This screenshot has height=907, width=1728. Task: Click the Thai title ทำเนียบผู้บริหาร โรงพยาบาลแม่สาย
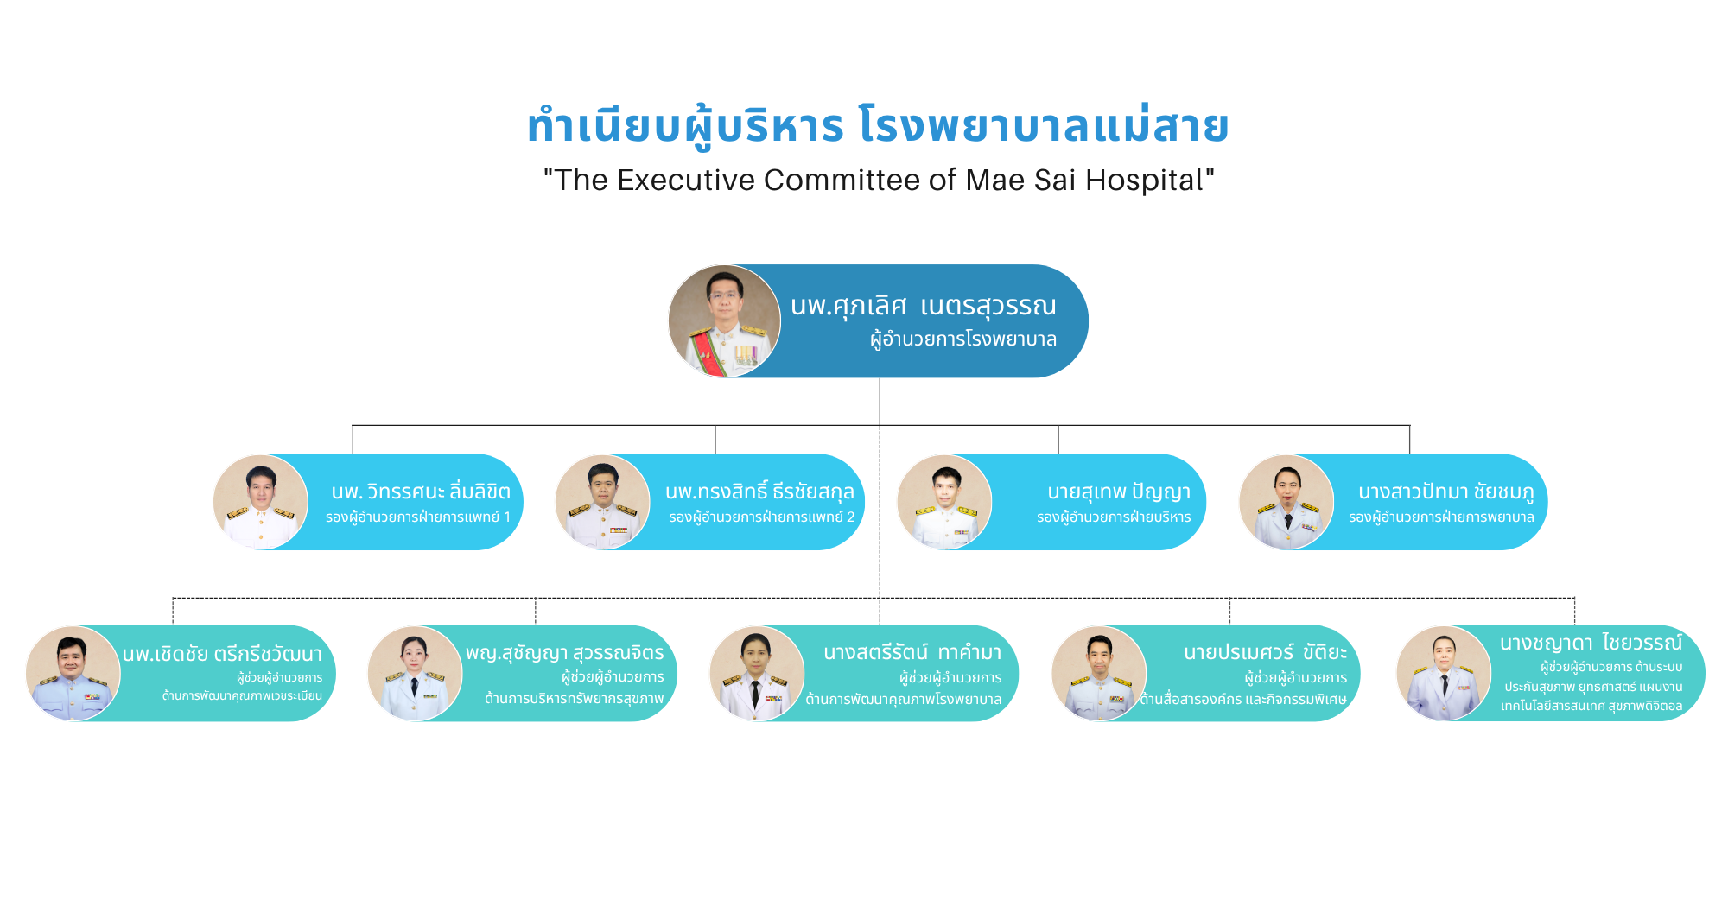pyautogui.click(x=878, y=126)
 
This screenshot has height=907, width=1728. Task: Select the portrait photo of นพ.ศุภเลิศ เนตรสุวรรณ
pyautogui.click(x=724, y=321)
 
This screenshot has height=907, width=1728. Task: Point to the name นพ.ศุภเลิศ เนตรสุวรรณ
pyautogui.click(x=923, y=306)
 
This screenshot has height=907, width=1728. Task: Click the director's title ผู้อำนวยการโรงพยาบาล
pyautogui.click(x=963, y=339)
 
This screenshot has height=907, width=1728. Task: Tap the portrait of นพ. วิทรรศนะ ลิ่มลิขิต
pyautogui.click(x=261, y=502)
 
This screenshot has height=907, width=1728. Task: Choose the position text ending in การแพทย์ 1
pyautogui.click(x=418, y=517)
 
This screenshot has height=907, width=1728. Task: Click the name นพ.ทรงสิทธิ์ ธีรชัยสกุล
pyautogui.click(x=759, y=491)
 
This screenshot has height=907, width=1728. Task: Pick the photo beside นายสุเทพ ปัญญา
pyautogui.click(x=945, y=502)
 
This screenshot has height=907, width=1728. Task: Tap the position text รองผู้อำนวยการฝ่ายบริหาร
pyautogui.click(x=1114, y=517)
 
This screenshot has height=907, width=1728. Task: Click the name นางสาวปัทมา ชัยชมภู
pyautogui.click(x=1446, y=492)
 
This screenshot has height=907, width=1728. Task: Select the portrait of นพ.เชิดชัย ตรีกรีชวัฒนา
pyautogui.click(x=73, y=674)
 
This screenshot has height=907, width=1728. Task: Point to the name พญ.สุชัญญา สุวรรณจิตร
pyautogui.click(x=565, y=653)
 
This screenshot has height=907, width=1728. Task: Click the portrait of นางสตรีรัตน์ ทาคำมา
pyautogui.click(x=757, y=674)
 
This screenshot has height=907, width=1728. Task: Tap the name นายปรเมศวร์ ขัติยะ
pyautogui.click(x=1266, y=652)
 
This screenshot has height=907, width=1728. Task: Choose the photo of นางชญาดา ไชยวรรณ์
pyautogui.click(x=1445, y=674)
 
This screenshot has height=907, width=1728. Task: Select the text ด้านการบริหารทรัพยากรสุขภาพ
pyautogui.click(x=575, y=698)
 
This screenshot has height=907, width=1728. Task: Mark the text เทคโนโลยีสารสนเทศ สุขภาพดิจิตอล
pyautogui.click(x=1591, y=706)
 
